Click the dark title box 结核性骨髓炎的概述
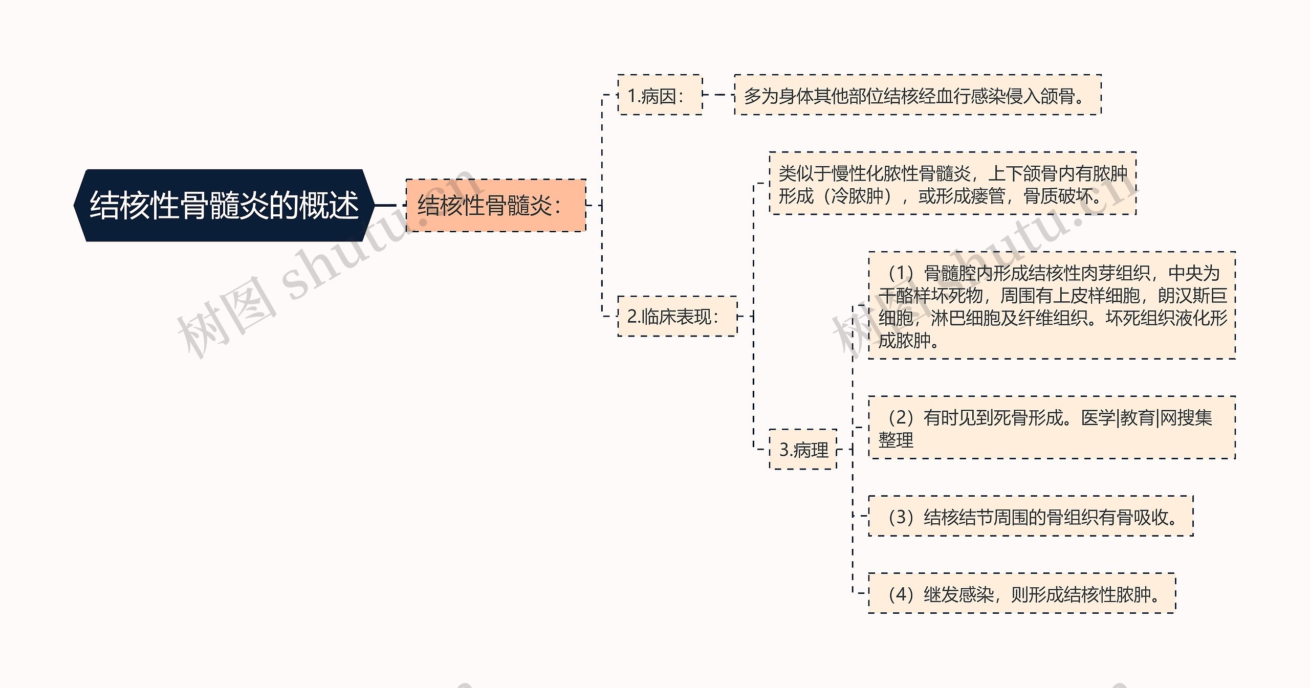tap(224, 205)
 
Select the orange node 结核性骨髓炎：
tap(495, 205)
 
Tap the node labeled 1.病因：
tap(660, 95)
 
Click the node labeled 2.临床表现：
tap(677, 317)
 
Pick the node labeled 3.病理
tap(803, 450)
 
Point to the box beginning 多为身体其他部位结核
tap(917, 95)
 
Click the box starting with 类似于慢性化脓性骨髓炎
tap(952, 184)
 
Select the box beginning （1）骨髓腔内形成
tap(1052, 306)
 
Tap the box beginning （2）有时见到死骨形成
tap(1052, 428)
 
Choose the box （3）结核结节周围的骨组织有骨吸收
tap(1031, 517)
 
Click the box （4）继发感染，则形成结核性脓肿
tap(1021, 594)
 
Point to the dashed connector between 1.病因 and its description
tap(718, 95)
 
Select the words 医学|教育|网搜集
tap(1146, 418)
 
